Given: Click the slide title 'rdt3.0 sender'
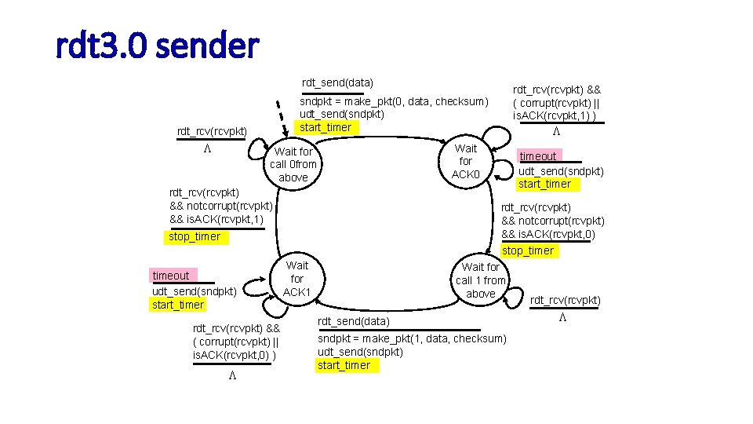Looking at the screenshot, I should click(157, 46).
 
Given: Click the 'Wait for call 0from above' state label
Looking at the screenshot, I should click(293, 164).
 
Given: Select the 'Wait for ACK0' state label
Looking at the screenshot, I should click(466, 161).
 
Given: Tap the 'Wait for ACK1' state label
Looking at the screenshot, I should click(297, 279).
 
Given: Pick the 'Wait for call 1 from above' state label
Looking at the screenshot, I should click(481, 280).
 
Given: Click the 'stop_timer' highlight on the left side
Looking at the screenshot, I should click(195, 236).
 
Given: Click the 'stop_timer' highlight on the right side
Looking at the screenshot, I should click(528, 250).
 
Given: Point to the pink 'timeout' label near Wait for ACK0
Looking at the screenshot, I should click(538, 156).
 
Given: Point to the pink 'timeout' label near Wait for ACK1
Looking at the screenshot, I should click(171, 276).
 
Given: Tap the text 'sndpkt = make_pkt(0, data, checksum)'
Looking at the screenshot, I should click(394, 101).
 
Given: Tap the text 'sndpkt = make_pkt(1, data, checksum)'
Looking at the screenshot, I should click(412, 338).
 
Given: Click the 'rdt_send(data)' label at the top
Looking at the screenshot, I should click(338, 82).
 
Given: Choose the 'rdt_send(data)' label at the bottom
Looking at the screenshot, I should click(353, 321).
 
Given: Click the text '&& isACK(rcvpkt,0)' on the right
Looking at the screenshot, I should click(553, 234).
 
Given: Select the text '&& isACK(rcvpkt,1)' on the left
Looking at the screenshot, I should click(216, 219).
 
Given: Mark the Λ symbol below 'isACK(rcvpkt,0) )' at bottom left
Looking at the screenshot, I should click(233, 376).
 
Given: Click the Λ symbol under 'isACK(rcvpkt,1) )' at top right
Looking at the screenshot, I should click(555, 131).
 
